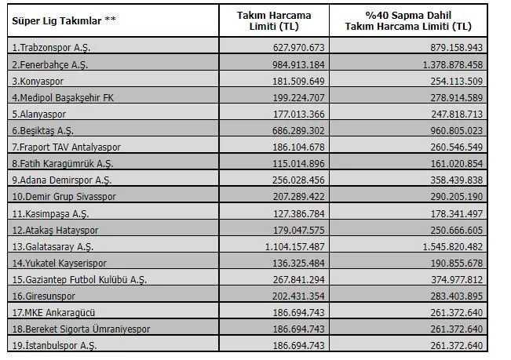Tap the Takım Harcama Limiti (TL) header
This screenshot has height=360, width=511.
click(274, 21)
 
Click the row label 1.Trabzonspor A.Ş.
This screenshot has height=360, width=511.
click(51, 48)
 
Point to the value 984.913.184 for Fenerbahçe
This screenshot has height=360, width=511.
click(298, 65)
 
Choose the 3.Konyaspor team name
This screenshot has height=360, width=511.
click(38, 82)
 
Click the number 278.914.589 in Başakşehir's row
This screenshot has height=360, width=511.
click(457, 98)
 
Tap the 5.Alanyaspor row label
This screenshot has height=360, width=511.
click(39, 115)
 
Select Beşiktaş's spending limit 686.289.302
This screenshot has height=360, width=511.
click(298, 131)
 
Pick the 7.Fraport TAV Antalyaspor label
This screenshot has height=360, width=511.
click(67, 147)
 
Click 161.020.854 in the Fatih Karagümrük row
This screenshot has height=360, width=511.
click(457, 164)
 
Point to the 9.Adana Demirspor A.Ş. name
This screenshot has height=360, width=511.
click(62, 180)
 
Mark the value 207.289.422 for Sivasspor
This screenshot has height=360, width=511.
click(299, 197)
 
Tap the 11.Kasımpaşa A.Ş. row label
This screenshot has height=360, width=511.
click(50, 214)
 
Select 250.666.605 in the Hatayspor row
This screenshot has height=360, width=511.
click(457, 230)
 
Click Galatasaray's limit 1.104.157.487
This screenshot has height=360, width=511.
click(295, 247)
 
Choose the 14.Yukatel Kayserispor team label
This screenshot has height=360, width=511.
click(60, 264)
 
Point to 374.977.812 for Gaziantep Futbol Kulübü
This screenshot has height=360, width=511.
click(457, 279)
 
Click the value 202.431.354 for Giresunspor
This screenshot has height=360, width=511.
click(299, 296)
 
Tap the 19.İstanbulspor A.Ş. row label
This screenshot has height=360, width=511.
click(54, 346)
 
